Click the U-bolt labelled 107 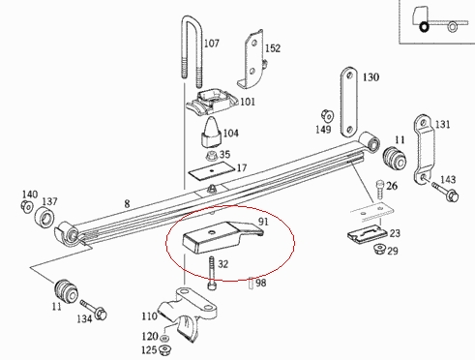click(193, 51)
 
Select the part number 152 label click(273, 48)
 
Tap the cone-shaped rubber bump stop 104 click(211, 133)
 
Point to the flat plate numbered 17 click(212, 169)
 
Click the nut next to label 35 click(212, 155)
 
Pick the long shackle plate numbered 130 click(349, 102)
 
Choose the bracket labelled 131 click(423, 150)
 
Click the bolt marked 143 click(446, 192)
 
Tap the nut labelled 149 click(327, 116)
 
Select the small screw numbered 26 click(380, 189)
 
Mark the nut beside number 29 click(378, 250)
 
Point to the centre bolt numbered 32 click(212, 273)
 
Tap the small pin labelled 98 click(252, 284)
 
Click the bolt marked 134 click(94, 310)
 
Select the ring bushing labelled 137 click(45, 218)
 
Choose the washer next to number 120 click(164, 338)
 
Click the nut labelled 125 click(165, 349)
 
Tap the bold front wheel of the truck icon click(424, 27)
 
